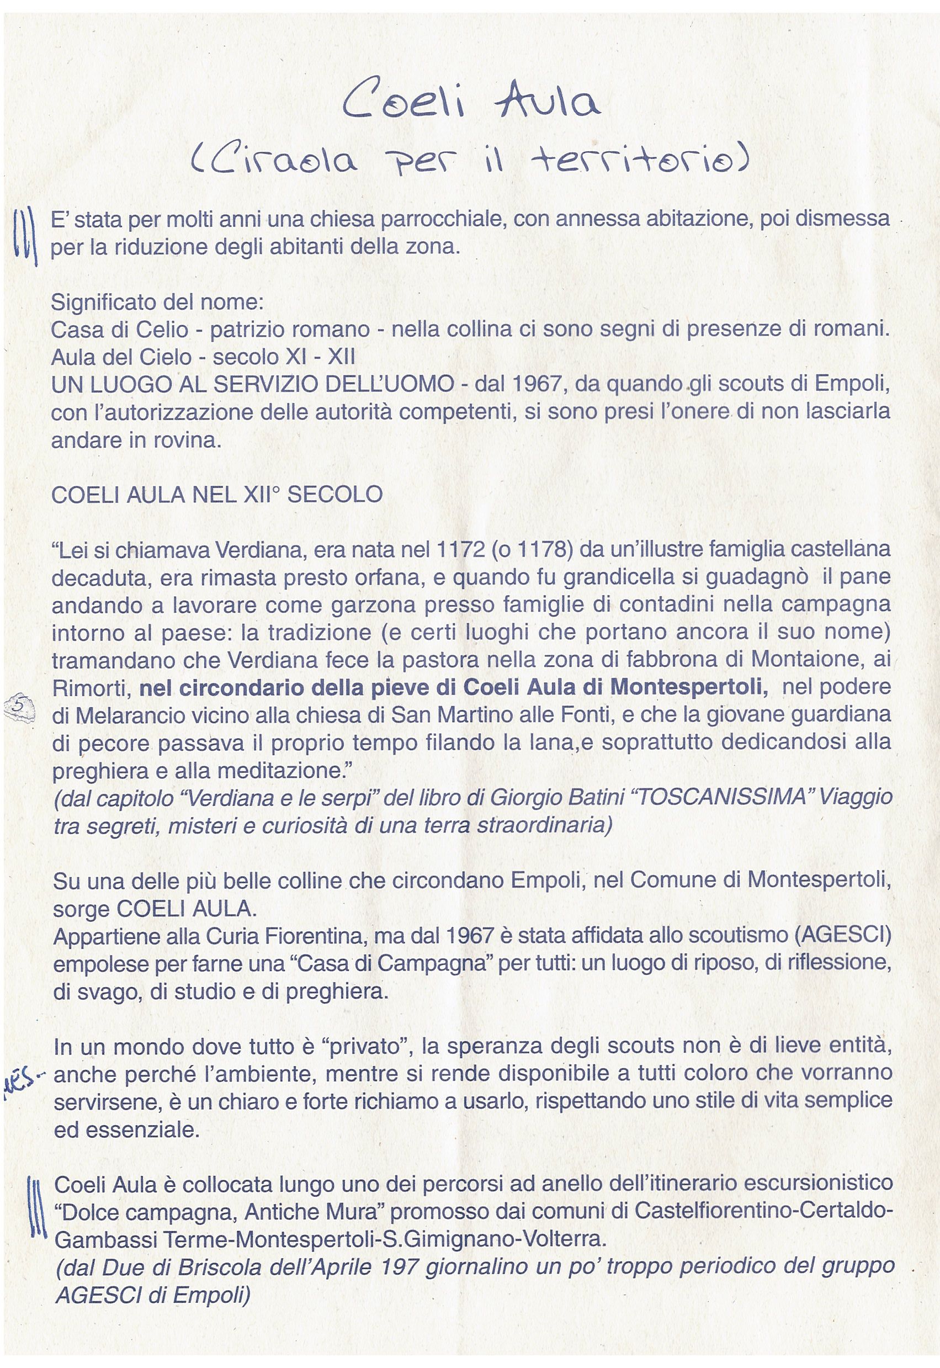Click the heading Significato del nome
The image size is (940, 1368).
point(157,303)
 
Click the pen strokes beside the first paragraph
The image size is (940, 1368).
point(25,238)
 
